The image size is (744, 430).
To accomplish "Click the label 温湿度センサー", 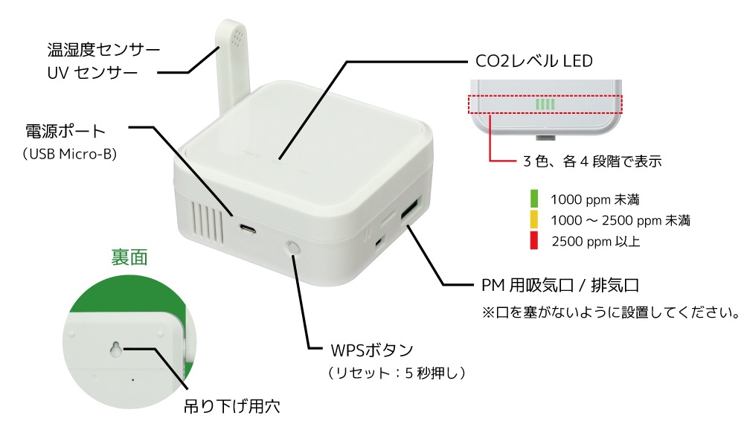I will [103, 51].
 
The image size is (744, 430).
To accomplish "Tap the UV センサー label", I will [92, 73].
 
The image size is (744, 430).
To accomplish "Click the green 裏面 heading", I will [129, 258].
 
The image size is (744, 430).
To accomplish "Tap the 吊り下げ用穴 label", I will [234, 407].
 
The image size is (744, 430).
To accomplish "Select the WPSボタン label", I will [371, 350].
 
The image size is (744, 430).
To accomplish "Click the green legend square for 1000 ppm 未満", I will [533, 199].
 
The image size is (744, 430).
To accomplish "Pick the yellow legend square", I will [533, 219].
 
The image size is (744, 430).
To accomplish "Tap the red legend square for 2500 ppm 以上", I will [533, 240].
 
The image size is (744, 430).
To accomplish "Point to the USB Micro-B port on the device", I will [248, 228].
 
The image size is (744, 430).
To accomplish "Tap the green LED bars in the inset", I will [545, 104].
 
